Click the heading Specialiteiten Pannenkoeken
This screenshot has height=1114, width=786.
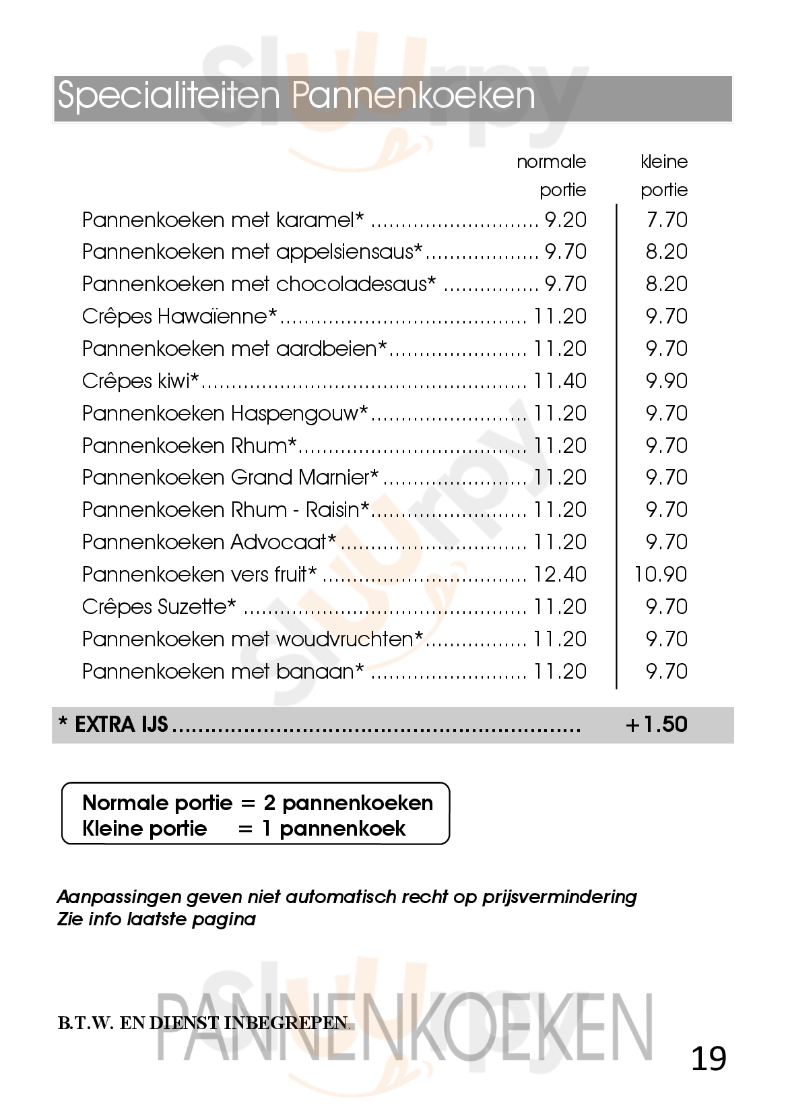click(296, 96)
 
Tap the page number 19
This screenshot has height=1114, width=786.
click(709, 1059)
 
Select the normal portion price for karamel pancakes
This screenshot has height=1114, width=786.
click(566, 220)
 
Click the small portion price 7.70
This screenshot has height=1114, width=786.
click(667, 220)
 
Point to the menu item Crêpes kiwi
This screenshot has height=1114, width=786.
click(141, 381)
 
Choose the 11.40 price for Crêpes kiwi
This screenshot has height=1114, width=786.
click(560, 381)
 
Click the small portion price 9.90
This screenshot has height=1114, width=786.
click(667, 381)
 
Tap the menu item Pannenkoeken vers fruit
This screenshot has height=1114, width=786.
click(199, 575)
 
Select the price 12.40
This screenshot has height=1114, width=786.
click(560, 575)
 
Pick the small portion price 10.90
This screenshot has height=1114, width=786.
click(661, 575)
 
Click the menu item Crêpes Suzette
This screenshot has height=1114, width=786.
click(159, 607)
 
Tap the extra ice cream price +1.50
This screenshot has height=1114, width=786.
click(656, 724)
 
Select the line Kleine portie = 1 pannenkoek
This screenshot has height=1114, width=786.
click(244, 828)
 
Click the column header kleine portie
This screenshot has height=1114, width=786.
click(664, 176)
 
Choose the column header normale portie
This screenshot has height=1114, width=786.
click(552, 176)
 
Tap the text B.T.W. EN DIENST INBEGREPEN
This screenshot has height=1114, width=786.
click(204, 1023)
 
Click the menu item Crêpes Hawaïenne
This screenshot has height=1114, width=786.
click(180, 317)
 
